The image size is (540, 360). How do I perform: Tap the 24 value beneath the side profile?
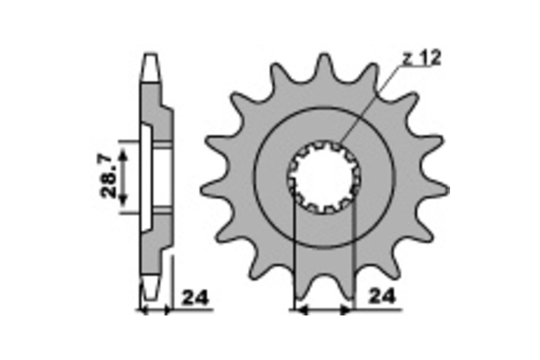(195, 297)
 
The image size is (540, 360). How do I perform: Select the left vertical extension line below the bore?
(293, 252)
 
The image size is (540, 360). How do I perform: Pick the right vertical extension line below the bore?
(355, 252)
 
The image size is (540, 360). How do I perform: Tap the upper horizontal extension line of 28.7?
(130, 141)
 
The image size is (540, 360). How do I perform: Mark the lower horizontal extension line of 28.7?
(130, 213)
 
